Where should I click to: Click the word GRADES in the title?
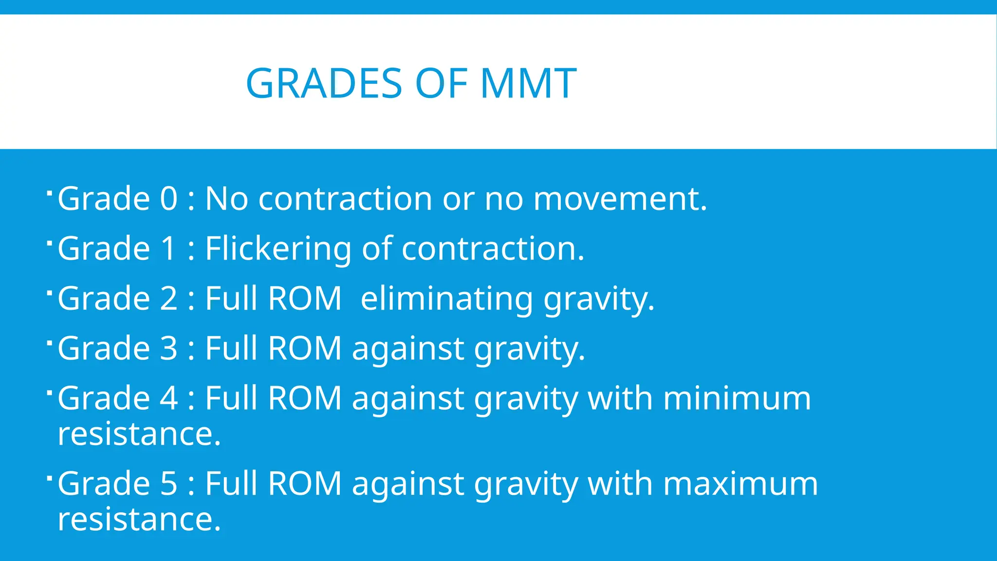coord(324,83)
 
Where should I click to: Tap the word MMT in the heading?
coord(528,83)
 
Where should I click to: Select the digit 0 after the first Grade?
coord(169,199)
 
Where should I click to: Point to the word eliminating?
coord(447,299)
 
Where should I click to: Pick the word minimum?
coord(737,398)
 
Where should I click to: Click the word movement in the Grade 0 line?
coord(620,199)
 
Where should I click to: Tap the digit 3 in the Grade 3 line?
coord(169,348)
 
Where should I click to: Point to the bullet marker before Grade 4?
coord(50,392)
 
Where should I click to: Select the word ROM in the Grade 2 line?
coord(305,299)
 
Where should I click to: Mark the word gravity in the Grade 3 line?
coord(529,349)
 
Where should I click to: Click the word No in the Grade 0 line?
coord(226,199)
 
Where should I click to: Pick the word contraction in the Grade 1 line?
coord(492,249)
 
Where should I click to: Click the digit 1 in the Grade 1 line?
coord(168,249)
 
